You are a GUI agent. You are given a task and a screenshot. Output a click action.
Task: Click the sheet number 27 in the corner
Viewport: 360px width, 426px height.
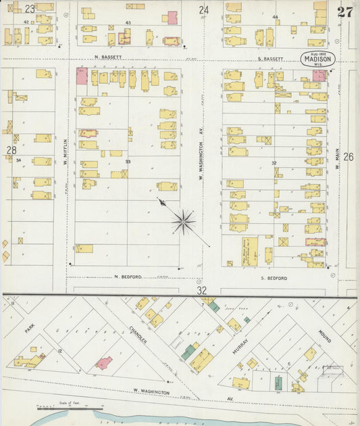pos(345,11)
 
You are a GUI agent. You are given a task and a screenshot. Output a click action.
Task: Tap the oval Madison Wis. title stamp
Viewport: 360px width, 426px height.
pos(317,59)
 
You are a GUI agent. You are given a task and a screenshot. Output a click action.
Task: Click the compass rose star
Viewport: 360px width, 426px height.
pos(183,221)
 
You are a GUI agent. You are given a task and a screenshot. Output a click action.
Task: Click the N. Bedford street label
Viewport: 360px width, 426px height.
pos(126,277)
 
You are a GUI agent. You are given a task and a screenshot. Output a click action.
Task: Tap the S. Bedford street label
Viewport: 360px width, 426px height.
pos(274,278)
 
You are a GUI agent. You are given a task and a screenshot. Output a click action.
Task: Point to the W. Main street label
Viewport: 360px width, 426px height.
pos(336,160)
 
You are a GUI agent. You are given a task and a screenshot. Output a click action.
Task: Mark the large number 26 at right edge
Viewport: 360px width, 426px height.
pos(349,157)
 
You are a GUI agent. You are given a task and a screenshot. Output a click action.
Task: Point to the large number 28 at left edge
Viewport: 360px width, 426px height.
pos(11,149)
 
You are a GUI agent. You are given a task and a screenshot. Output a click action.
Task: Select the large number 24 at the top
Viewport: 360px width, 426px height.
pos(203,9)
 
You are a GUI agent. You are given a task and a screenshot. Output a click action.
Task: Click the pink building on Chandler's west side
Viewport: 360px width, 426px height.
pos(103,363)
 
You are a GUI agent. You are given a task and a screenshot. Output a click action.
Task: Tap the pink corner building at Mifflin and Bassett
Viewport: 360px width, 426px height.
pos(82,76)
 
